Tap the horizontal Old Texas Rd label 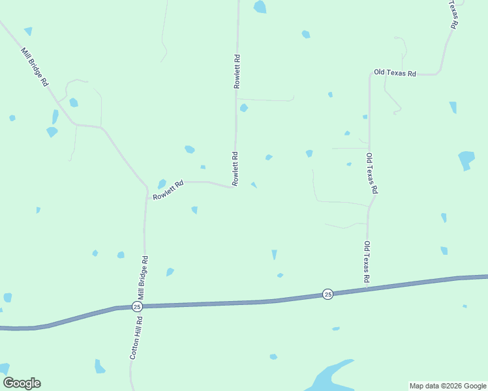click(x=395, y=73)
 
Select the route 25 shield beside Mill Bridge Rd click(x=137, y=306)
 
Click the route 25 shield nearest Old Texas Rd click(x=328, y=295)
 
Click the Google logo click(x=22, y=383)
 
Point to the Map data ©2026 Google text click(x=448, y=386)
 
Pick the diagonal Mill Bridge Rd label click(x=35, y=67)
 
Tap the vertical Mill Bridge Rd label click(x=144, y=278)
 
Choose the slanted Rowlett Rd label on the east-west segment click(x=168, y=190)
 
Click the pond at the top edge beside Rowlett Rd click(x=260, y=7)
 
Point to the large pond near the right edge click(x=466, y=160)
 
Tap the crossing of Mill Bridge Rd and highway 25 click(x=144, y=306)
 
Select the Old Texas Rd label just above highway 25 click(x=367, y=262)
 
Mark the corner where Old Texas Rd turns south click(x=370, y=74)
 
